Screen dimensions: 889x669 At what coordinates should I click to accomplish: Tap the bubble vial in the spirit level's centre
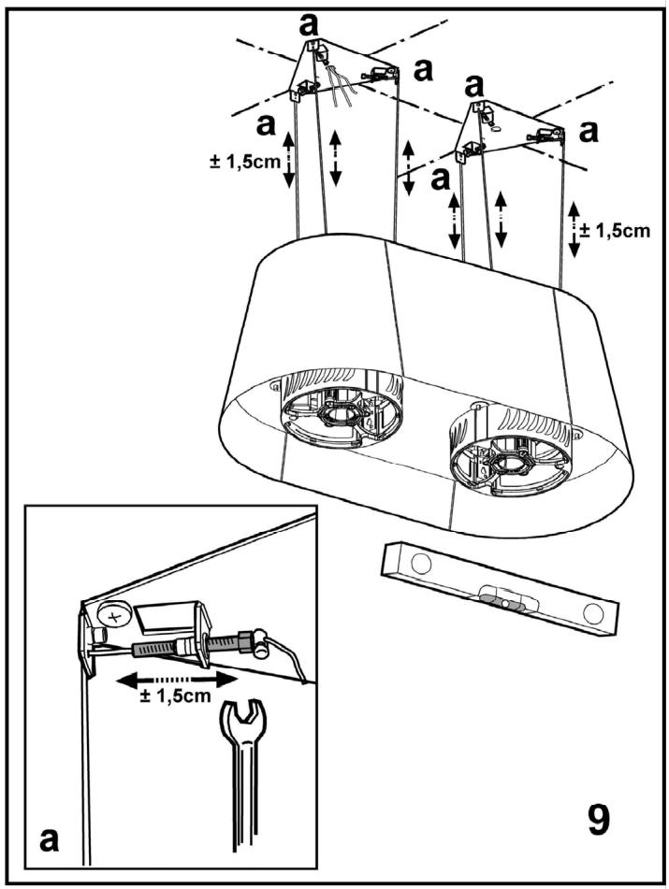[x=504, y=597]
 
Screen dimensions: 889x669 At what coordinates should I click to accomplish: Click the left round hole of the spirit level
[x=421, y=564]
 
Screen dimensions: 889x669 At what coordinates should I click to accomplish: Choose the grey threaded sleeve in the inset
[x=159, y=646]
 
